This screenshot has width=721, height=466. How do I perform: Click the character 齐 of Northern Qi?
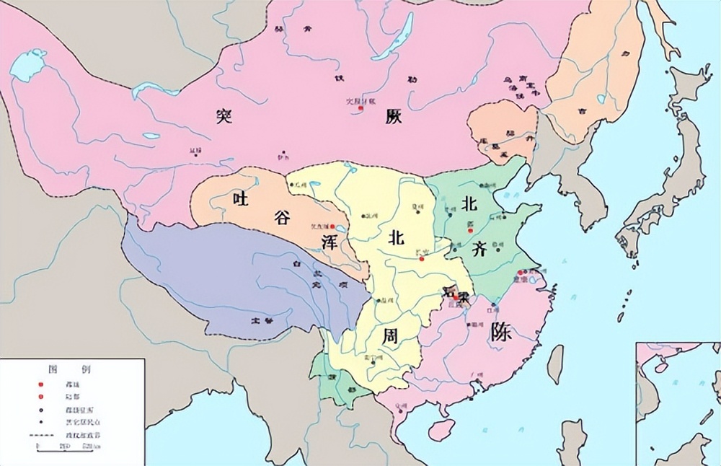point(480,250)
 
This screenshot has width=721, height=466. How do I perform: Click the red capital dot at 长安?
point(421,258)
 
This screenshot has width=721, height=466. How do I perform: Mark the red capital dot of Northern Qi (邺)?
point(470,224)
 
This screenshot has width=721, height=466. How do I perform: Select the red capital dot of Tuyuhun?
point(332,226)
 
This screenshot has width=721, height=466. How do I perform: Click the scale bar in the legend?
point(58,447)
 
